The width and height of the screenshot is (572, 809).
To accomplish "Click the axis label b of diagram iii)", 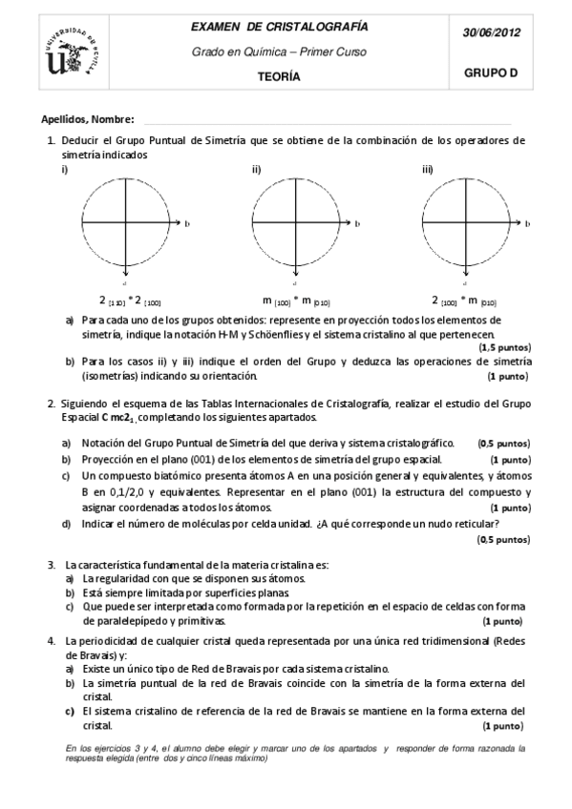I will point(525,223).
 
